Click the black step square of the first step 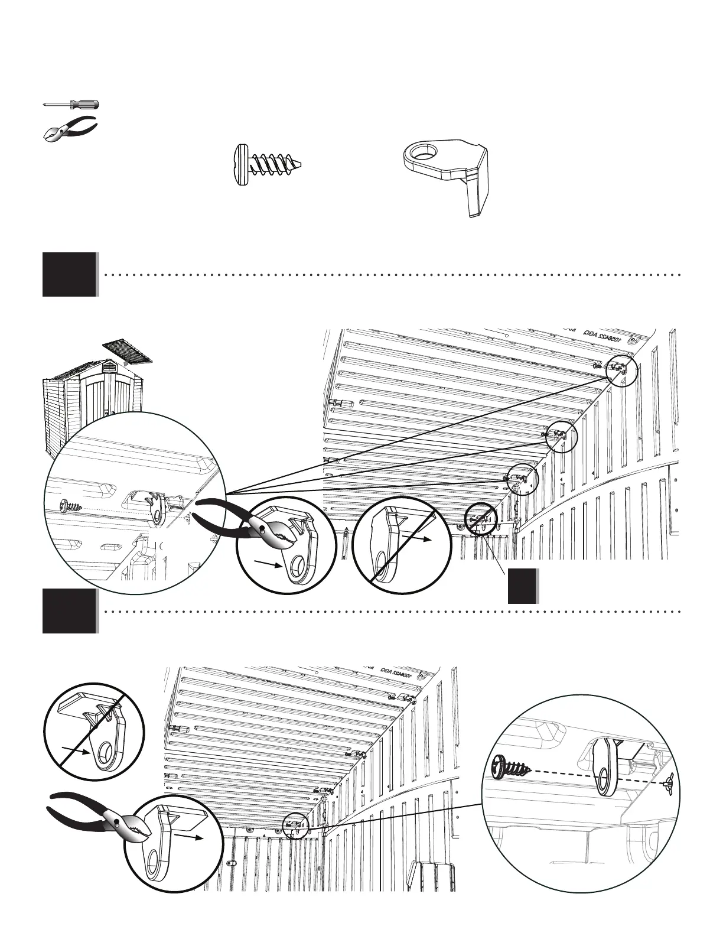[x=69, y=274]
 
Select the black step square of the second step [x=69, y=611]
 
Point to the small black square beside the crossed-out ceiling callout [x=523, y=586]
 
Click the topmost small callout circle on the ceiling [x=622, y=370]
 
